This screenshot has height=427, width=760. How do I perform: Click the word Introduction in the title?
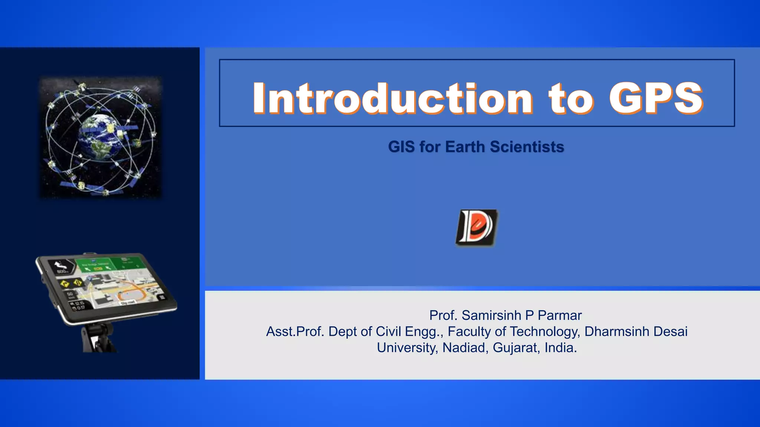point(393,98)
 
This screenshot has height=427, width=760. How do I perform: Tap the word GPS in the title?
point(656,98)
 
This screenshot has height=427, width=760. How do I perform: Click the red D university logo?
point(476,228)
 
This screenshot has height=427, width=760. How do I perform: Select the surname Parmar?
point(560,315)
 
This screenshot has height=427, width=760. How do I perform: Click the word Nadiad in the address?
point(464,348)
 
